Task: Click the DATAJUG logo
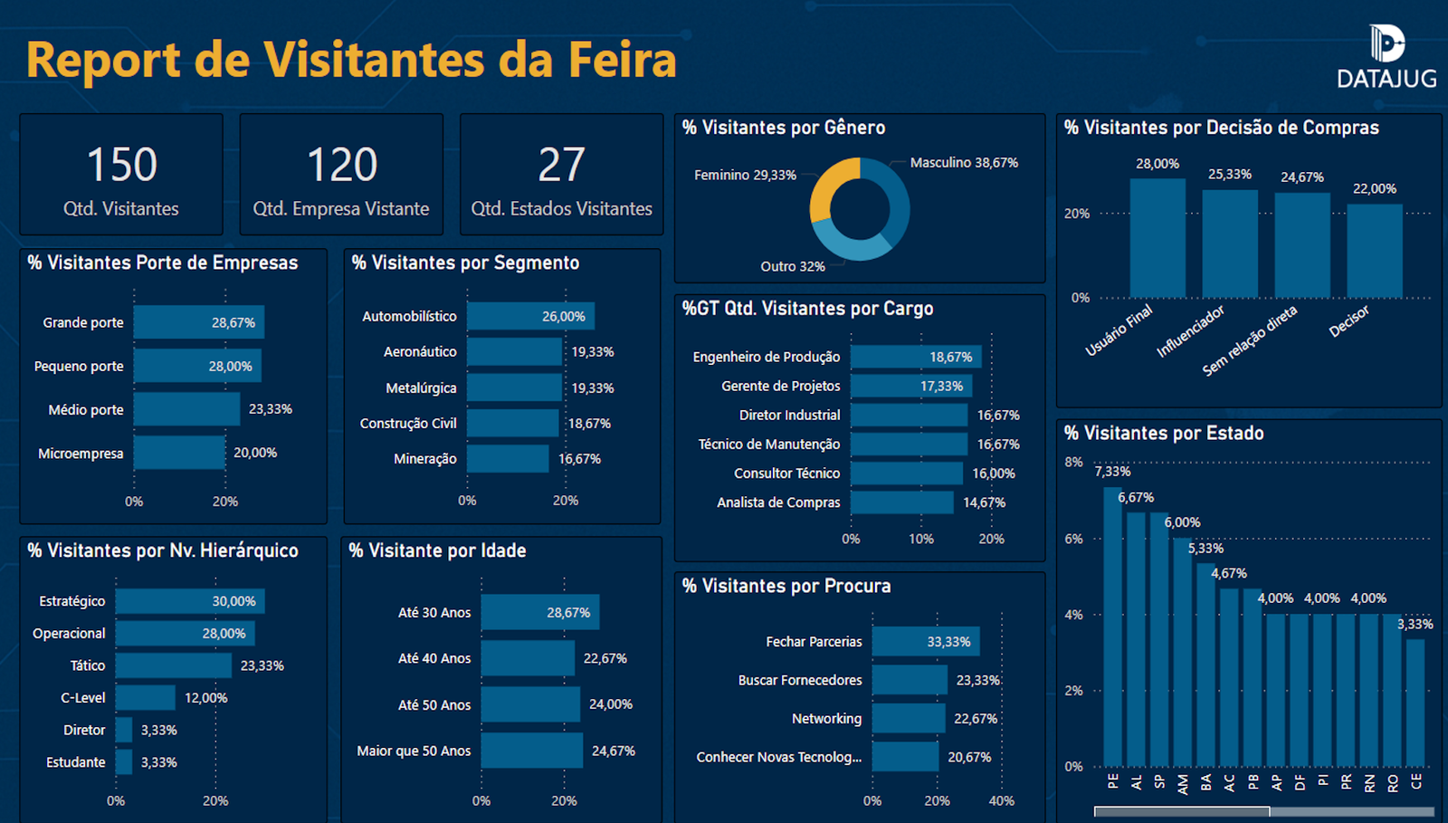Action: pyautogui.click(x=1386, y=57)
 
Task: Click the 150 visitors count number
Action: pyautogui.click(x=122, y=165)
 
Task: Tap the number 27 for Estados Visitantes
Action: pyautogui.click(x=561, y=165)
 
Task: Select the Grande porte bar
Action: pyautogui.click(x=198, y=322)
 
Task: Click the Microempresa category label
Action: pyautogui.click(x=81, y=454)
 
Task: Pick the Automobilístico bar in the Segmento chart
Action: pyautogui.click(x=530, y=316)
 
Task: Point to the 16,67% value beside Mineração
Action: pyautogui.click(x=579, y=459)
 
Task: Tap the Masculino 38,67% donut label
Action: pyautogui.click(x=964, y=163)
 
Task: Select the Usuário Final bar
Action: pyautogui.click(x=1157, y=238)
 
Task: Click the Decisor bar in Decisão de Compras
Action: pyautogui.click(x=1375, y=251)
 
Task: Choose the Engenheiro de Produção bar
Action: pyautogui.click(x=915, y=357)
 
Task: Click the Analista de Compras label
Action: pyautogui.click(x=778, y=502)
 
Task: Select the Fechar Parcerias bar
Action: pyautogui.click(x=925, y=642)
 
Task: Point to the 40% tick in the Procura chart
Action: pyautogui.click(x=1001, y=801)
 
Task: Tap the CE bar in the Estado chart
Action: pyautogui.click(x=1415, y=703)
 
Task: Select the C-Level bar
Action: pyautogui.click(x=145, y=698)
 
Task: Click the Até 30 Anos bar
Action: pyautogui.click(x=539, y=613)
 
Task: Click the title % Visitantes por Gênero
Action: pyautogui.click(x=784, y=128)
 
